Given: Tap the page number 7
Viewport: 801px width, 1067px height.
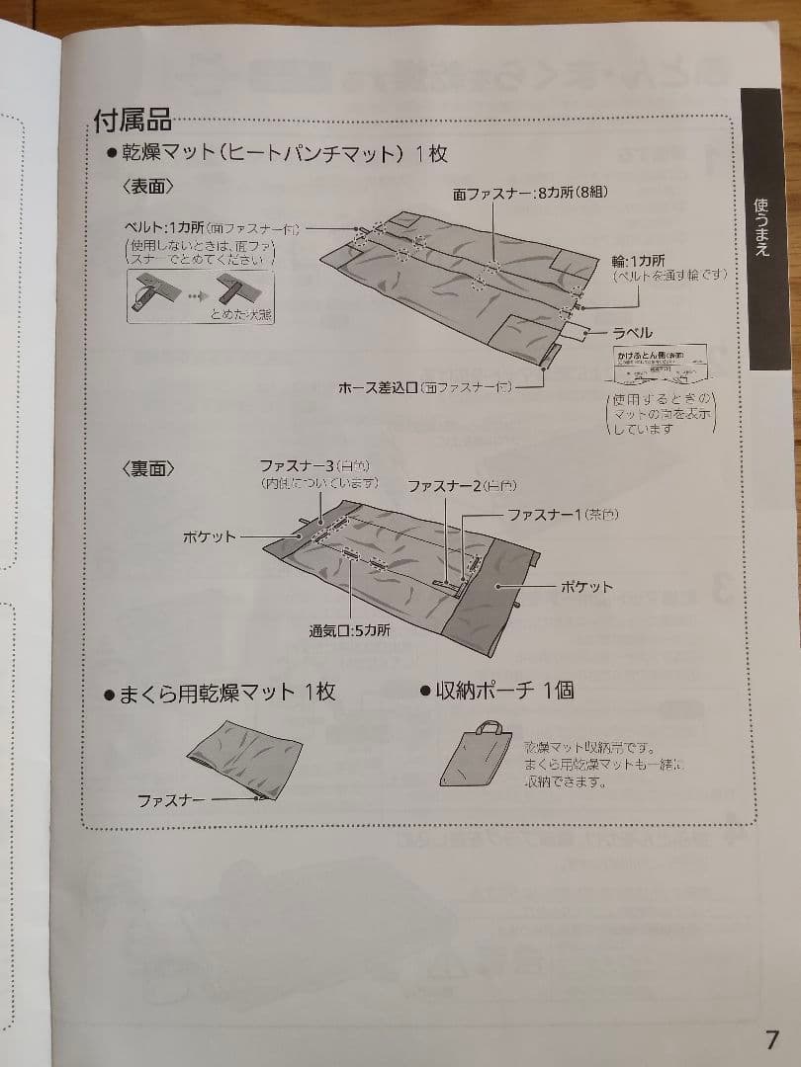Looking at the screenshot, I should [772, 1039].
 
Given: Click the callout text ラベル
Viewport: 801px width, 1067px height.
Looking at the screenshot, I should [632, 334].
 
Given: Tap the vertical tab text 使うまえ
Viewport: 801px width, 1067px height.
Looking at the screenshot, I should [762, 226].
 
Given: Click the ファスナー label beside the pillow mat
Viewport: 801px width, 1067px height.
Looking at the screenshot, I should [171, 799].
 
